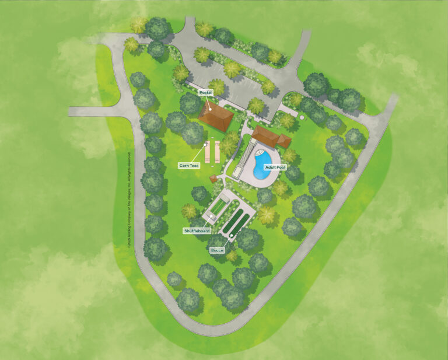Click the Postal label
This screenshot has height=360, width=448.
205,93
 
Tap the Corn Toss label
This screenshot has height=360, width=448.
189,166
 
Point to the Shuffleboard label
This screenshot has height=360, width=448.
196,230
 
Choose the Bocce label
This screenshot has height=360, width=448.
217,250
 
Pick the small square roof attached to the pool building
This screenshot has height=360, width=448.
284,141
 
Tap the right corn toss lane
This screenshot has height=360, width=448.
217,151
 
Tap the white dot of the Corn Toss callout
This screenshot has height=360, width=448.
206,145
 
